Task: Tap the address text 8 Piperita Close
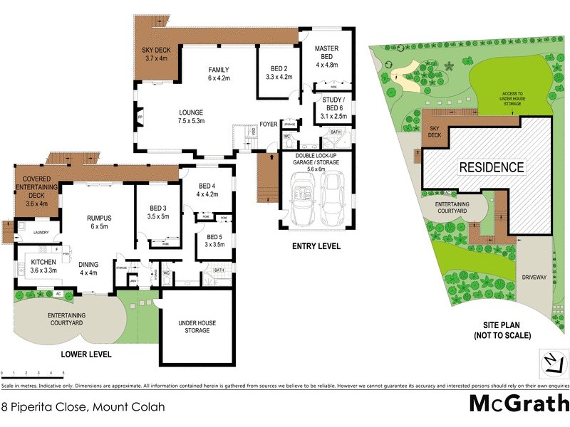(84, 407)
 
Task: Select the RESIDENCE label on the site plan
(491, 168)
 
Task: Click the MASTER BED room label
(328, 56)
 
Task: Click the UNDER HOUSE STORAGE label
(197, 327)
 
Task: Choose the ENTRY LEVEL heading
(316, 246)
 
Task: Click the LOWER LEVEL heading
(87, 354)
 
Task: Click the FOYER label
(268, 124)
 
